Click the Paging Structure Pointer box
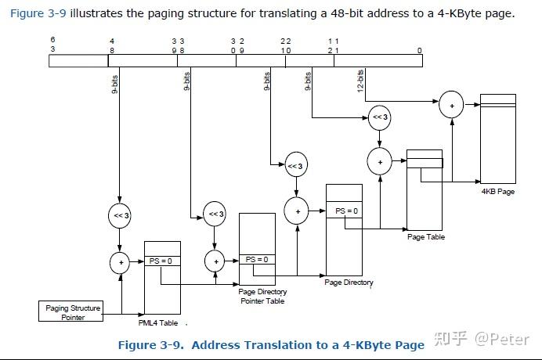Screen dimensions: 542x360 click(x=70, y=311)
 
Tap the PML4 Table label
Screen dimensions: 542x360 click(x=158, y=322)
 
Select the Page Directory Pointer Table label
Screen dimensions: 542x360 click(x=262, y=297)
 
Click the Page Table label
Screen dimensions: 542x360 click(x=426, y=236)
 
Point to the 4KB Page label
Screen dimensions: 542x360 click(x=498, y=192)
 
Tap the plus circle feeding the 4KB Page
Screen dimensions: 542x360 click(x=451, y=105)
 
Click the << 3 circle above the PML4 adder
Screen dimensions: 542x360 click(x=120, y=215)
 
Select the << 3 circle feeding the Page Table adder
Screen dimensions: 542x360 click(x=380, y=117)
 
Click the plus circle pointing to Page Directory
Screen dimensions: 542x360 click(x=296, y=211)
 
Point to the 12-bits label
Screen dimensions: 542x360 click(x=360, y=81)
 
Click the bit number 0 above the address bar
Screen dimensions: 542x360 click(x=419, y=50)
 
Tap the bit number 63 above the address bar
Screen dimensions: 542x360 click(x=52, y=45)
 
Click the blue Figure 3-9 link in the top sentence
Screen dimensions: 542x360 click(x=38, y=14)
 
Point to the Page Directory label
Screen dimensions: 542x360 click(x=349, y=283)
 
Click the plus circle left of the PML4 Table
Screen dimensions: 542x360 click(x=121, y=262)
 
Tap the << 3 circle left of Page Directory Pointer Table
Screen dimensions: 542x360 click(x=215, y=214)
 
